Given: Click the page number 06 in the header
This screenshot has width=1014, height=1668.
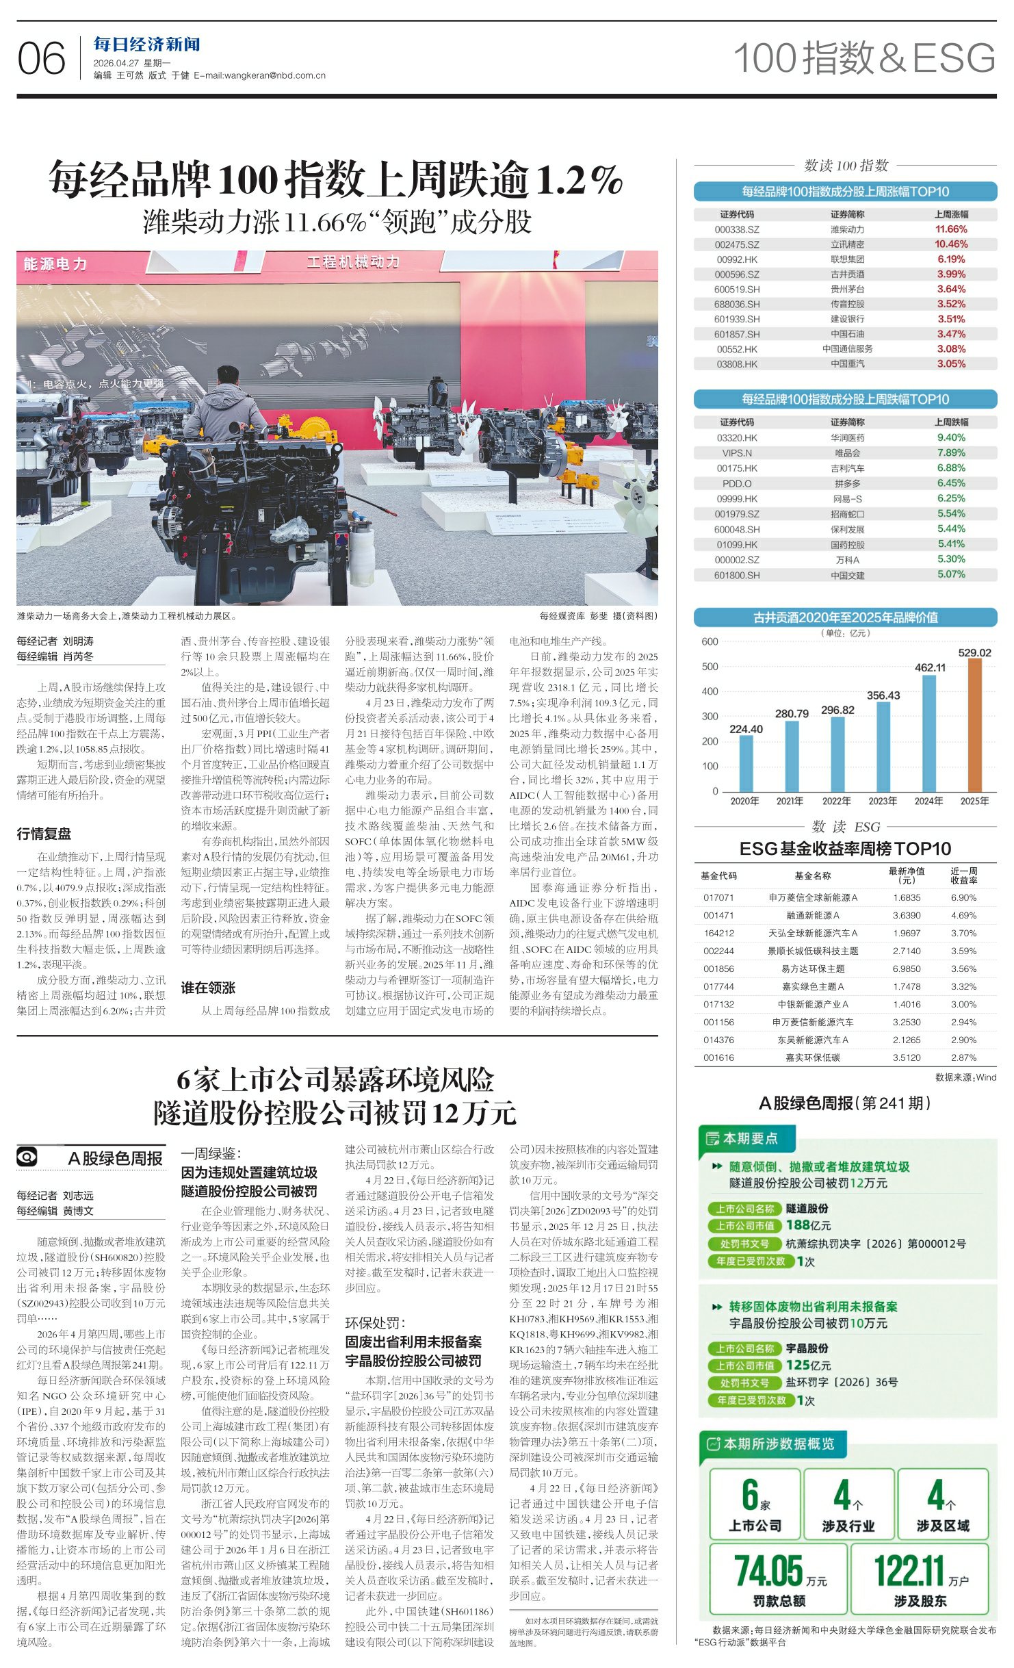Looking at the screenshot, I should [41, 59].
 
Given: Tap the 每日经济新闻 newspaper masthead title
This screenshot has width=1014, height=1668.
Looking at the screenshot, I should [146, 45].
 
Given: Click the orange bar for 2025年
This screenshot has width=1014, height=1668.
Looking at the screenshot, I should [974, 725].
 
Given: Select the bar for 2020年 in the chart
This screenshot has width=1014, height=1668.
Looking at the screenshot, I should [746, 763].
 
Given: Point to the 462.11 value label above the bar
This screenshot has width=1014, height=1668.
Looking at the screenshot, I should [930, 667].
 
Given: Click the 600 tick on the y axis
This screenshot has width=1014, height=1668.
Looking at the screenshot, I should [710, 642].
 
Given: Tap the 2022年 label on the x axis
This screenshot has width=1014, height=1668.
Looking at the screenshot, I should [836, 801].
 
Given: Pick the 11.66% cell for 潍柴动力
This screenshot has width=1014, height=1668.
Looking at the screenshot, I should [951, 229].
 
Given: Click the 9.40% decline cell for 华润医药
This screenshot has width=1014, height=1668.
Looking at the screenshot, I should [951, 437].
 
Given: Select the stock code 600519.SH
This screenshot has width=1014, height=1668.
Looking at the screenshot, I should [737, 290].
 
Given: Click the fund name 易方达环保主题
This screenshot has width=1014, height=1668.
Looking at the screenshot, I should [813, 968].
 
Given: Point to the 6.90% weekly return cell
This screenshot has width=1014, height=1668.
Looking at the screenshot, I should [963, 897].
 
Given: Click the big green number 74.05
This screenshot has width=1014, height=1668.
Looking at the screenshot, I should [768, 1571].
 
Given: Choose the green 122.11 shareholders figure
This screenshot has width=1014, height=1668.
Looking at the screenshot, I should [909, 1571].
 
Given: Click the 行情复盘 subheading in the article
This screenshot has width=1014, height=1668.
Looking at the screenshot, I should [44, 834].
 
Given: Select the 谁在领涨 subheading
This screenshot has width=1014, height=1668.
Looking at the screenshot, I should [208, 988].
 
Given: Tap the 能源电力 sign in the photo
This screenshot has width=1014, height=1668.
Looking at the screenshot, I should [55, 264].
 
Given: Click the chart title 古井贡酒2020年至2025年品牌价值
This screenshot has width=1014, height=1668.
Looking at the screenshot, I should [845, 617].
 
